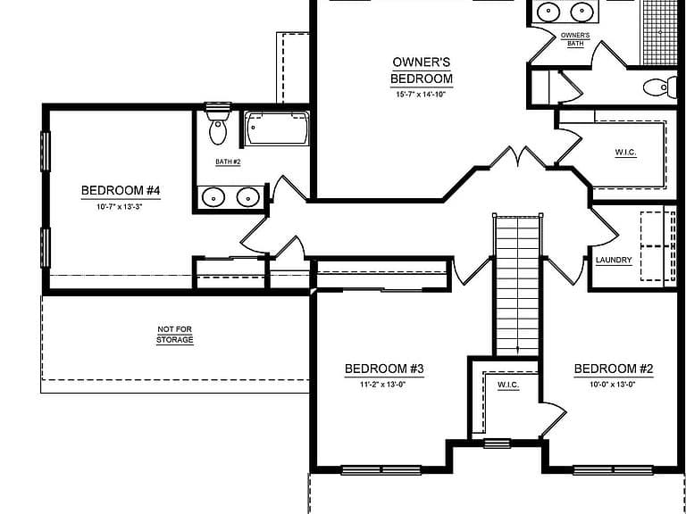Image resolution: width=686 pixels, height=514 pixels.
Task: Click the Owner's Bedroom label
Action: tap(422, 70)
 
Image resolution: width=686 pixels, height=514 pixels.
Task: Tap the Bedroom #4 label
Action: tap(121, 191)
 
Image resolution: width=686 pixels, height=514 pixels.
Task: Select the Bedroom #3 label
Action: tap(384, 369)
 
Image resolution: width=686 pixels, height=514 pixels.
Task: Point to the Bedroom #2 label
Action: tap(614, 369)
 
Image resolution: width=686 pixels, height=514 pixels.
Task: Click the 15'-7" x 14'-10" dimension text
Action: tap(421, 94)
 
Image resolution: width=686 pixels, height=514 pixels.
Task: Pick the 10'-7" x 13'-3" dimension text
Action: tap(120, 207)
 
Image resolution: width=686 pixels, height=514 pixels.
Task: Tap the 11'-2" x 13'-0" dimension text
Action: tap(383, 385)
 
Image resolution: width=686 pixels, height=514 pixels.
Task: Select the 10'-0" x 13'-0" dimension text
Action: tap(613, 385)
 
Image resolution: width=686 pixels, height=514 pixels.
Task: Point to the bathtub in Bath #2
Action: tap(277, 128)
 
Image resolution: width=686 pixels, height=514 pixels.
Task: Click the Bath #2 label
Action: tap(228, 162)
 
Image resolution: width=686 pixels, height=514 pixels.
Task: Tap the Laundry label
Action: tap(614, 260)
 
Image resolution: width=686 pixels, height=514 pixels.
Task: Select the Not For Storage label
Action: tap(174, 335)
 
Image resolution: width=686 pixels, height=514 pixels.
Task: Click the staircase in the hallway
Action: tap(517, 285)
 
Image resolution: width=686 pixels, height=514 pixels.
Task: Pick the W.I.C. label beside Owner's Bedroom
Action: tap(625, 153)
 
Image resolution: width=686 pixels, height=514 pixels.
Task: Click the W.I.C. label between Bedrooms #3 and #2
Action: tap(508, 385)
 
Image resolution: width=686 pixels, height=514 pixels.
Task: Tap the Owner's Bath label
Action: tap(575, 39)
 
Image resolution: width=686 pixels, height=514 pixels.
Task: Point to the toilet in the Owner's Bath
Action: tap(660, 87)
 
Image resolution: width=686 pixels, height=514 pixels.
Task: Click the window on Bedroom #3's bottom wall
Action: tap(381, 470)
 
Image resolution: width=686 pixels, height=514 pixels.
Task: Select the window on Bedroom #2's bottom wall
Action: tap(613, 470)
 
